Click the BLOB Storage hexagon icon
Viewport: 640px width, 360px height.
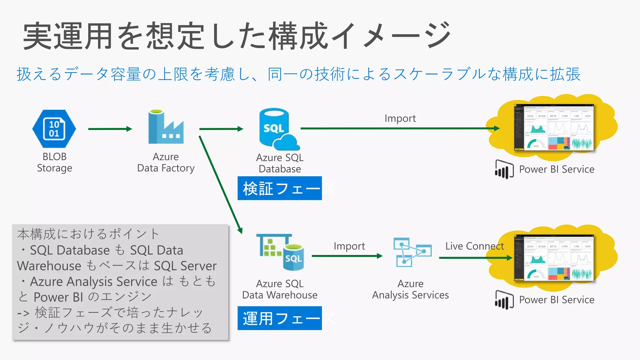point(54,129)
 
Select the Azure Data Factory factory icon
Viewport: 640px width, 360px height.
point(166,127)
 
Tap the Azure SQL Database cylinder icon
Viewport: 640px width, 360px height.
point(278,129)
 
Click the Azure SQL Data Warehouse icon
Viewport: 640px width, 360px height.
point(280,252)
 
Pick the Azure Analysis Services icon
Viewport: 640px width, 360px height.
point(412,252)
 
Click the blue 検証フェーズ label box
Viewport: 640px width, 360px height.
point(279,188)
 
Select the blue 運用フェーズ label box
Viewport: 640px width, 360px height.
point(279,318)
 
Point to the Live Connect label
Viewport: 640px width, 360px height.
point(474,246)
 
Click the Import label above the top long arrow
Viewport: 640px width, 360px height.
point(400,118)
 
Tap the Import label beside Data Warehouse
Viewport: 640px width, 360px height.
point(349,246)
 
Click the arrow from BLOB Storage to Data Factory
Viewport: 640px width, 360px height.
point(110,129)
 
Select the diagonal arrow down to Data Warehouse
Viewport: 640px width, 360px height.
point(220,184)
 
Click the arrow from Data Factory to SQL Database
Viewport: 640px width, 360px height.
point(221,129)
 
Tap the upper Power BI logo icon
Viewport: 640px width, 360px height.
point(504,169)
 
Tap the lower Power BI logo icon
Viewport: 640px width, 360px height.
point(504,300)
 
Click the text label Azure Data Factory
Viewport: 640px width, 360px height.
point(166,162)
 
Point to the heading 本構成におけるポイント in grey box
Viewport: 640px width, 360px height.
point(88,234)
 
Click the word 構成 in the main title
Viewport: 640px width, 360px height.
point(298,36)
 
